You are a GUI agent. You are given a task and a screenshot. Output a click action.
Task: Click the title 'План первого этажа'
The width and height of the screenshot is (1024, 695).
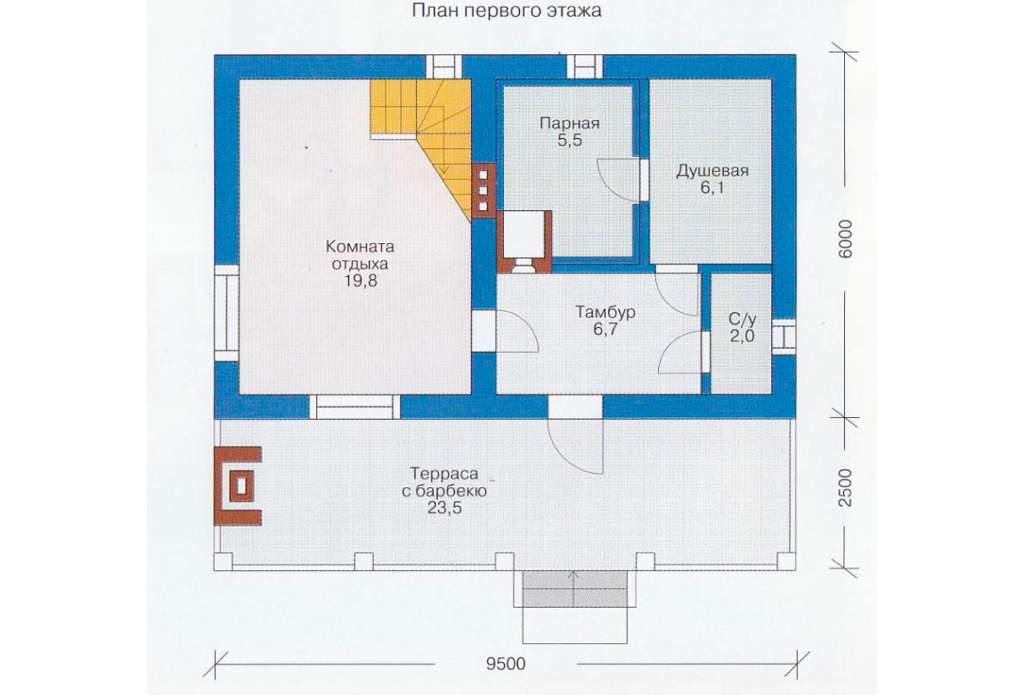click(x=507, y=12)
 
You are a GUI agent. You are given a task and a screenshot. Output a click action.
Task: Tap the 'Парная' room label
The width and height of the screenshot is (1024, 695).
click(x=570, y=124)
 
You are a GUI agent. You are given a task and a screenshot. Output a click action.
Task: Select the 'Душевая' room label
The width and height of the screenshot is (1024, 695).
click(x=711, y=171)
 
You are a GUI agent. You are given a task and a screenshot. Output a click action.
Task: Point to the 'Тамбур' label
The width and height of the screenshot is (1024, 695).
click(x=605, y=312)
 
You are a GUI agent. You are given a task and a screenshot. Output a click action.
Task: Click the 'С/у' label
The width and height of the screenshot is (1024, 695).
click(x=743, y=319)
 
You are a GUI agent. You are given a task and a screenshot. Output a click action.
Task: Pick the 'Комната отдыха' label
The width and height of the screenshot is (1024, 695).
click(x=360, y=256)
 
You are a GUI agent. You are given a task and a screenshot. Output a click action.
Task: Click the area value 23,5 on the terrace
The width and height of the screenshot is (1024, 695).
click(x=444, y=508)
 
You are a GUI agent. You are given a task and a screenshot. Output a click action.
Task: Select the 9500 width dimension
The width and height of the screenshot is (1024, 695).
click(x=506, y=664)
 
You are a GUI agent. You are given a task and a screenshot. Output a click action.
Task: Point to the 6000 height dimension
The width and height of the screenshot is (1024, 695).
click(x=845, y=239)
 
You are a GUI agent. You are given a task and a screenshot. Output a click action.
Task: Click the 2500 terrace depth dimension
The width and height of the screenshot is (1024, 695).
click(x=845, y=487)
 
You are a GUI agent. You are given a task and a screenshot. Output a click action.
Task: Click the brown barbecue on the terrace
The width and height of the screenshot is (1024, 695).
click(x=238, y=486)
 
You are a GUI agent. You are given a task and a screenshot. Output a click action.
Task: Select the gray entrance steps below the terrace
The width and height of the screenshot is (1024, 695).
click(x=574, y=588)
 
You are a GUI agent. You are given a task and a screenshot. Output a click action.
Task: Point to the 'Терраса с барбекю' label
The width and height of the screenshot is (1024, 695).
click(x=444, y=482)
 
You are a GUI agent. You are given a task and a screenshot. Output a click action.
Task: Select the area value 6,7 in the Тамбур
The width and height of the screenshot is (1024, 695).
click(x=605, y=330)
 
